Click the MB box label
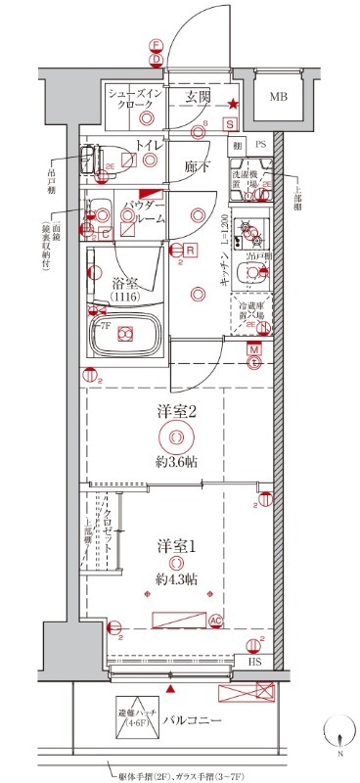(x=279, y=98)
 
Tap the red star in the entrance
(x=233, y=105)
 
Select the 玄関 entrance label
(x=200, y=97)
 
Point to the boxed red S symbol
(x=228, y=124)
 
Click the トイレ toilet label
(x=149, y=146)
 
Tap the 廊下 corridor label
(x=198, y=166)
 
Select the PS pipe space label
(x=260, y=145)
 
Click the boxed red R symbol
(x=191, y=251)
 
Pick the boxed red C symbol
(x=103, y=233)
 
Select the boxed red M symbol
(x=253, y=349)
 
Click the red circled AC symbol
(x=216, y=619)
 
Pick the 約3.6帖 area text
(x=176, y=461)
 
